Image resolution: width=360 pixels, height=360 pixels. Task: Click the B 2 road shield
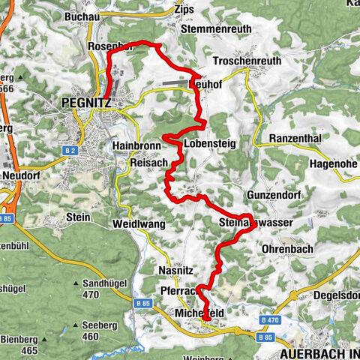(71, 151)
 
